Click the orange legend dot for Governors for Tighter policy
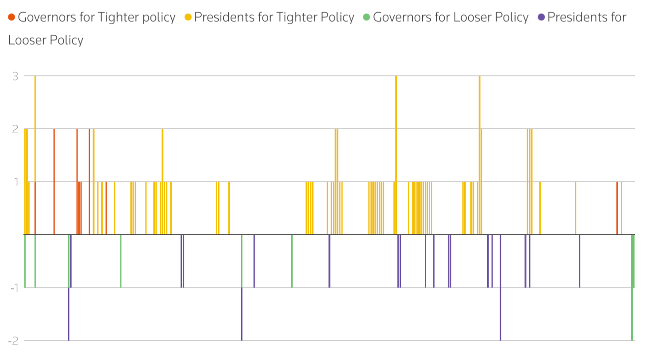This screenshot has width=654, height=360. point(12,17)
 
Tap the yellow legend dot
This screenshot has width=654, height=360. point(188,17)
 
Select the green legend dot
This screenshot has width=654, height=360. point(366,17)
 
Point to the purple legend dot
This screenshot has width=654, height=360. point(541,17)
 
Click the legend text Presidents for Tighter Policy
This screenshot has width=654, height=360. point(274,17)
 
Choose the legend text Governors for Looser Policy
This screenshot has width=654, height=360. point(450,17)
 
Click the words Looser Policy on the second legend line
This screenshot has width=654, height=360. point(46,40)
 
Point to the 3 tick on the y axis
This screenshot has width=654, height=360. point(15,76)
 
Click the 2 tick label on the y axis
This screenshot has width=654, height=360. point(15,129)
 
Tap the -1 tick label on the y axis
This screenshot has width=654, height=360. point(15,288)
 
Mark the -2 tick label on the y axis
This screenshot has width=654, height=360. point(14,341)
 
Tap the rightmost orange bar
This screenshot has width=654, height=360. point(617,208)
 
